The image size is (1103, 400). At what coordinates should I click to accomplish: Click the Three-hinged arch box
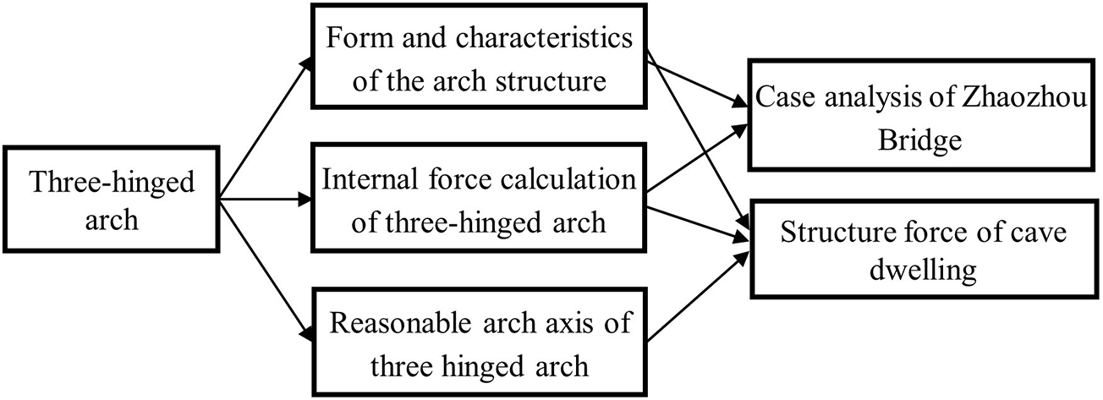coord(111,200)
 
